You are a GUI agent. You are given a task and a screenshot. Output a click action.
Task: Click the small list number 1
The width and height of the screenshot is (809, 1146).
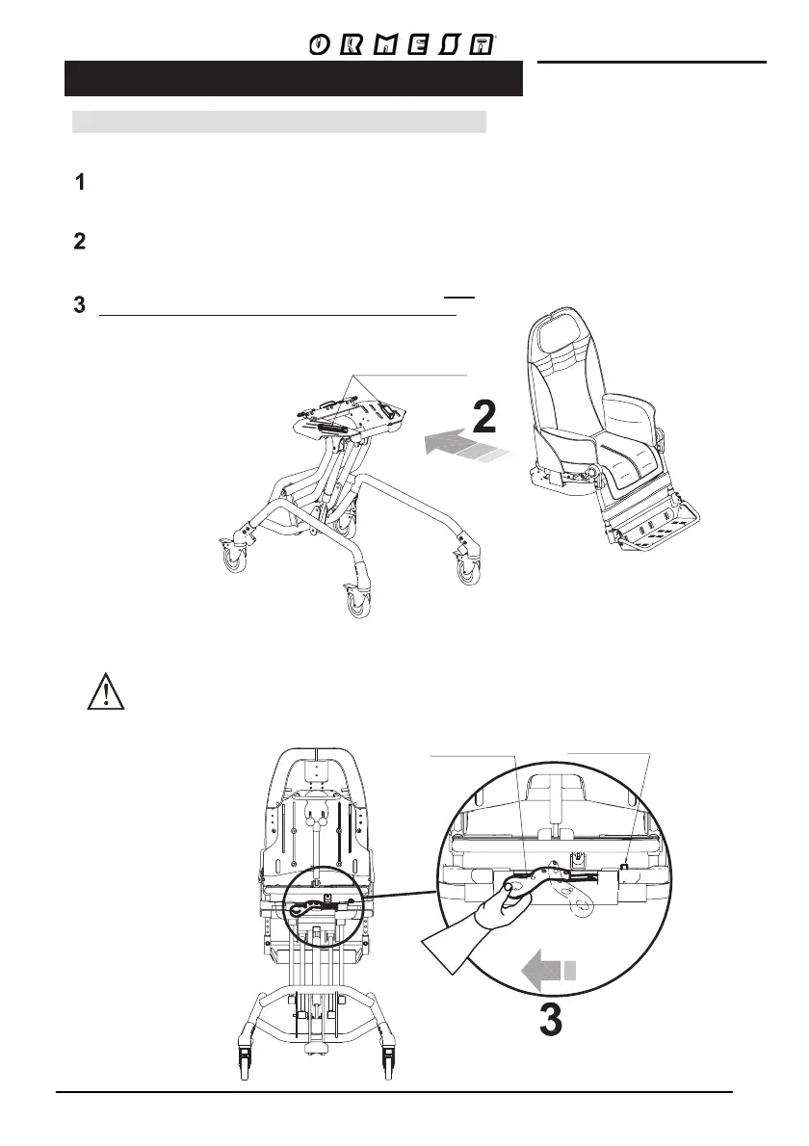[81, 183]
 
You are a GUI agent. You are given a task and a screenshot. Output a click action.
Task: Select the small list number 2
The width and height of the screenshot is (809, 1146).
[81, 242]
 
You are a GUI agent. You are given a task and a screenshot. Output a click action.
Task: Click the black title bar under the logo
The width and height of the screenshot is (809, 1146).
[293, 79]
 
